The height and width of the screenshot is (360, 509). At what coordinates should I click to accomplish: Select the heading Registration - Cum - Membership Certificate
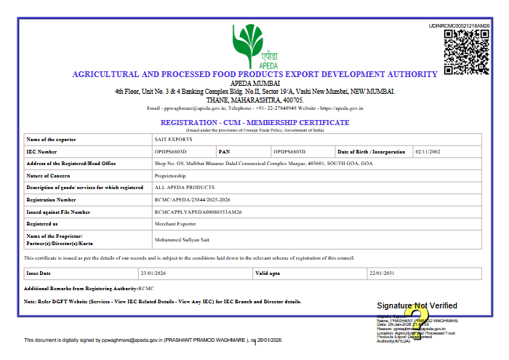coord(254,122)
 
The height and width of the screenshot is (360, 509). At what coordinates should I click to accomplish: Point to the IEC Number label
coord(41,151)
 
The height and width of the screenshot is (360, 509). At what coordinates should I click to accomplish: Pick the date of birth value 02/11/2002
coord(427,151)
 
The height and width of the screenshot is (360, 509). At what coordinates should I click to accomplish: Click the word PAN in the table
coord(225,151)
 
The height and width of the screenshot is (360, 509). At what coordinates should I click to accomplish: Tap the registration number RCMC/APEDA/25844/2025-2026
coord(193,199)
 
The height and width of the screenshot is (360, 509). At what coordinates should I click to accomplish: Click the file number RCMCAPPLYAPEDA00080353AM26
coord(199,212)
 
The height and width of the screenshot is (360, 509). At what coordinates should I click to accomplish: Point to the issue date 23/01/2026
coord(154,273)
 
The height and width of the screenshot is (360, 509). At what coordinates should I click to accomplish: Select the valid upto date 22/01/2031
coord(381,273)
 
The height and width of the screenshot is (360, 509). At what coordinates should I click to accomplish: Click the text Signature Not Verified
coord(417,305)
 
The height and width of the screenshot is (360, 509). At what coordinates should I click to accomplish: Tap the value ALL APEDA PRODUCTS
coord(175,187)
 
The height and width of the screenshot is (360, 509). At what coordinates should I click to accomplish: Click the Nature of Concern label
coord(48,175)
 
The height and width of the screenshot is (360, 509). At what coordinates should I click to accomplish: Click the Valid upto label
coord(268,273)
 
